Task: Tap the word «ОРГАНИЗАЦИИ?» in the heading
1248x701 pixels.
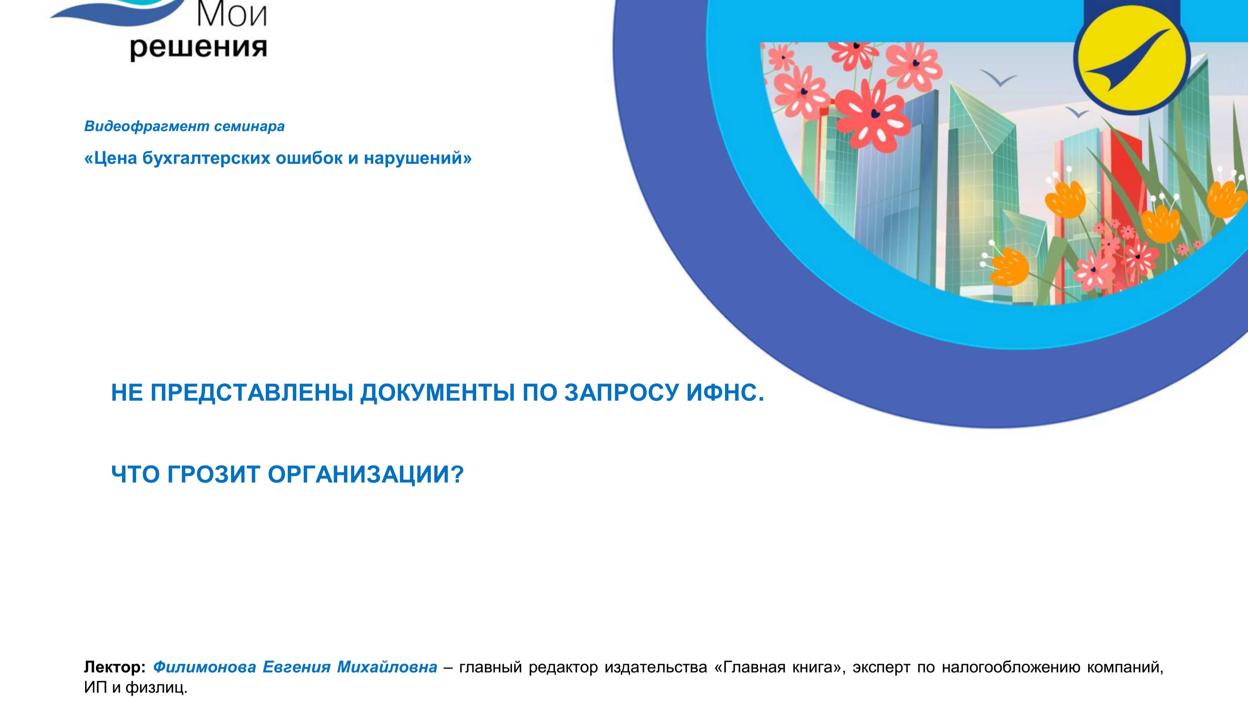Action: click(x=366, y=474)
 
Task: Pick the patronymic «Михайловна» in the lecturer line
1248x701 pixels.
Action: click(x=387, y=667)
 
